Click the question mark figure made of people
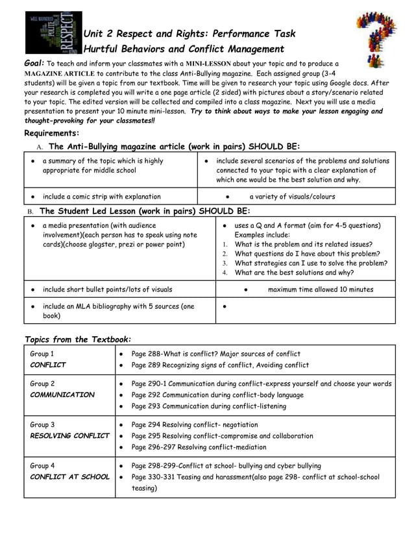point(376,40)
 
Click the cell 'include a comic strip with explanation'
point(101,197)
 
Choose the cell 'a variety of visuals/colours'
point(292,197)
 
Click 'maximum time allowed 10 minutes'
point(321,289)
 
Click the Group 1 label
point(42,354)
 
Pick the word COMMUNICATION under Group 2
point(62,395)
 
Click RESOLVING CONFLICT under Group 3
point(69,435)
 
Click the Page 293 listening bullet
point(208,406)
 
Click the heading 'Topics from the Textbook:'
point(77,339)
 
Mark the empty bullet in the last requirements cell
point(223,306)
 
